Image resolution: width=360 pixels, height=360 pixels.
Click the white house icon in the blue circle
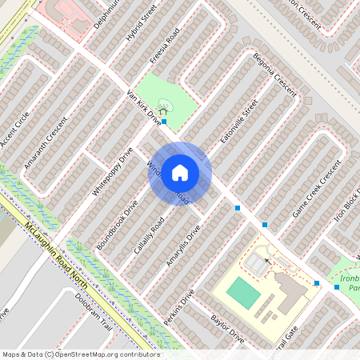coord(180,173)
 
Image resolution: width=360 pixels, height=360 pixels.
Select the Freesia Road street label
coord(164,50)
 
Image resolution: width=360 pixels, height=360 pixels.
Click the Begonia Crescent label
coord(274,74)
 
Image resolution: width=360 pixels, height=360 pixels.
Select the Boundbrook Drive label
coord(118,223)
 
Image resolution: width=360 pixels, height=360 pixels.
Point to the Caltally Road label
coord(150,235)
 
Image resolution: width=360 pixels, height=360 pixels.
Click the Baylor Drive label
coord(227,329)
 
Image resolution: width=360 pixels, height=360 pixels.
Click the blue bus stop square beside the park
coord(164,122)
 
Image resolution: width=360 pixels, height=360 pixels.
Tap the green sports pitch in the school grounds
coord(244,294)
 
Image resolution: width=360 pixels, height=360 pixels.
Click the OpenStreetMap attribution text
coord(70,354)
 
